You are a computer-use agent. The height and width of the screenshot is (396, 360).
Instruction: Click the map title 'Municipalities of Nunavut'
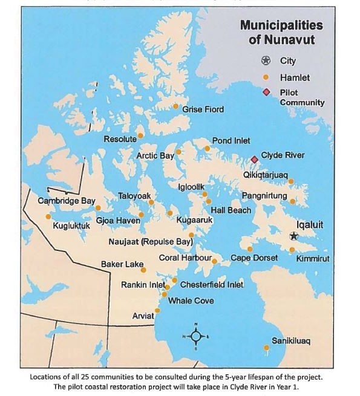click(x=281, y=33)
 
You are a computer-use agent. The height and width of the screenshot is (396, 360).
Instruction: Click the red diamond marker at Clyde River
click(x=254, y=160)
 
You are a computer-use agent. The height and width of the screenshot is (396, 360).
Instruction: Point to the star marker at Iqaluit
click(x=294, y=236)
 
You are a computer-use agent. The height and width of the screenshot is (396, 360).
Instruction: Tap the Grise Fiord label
click(x=203, y=109)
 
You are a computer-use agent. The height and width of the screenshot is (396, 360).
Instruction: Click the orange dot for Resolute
click(x=140, y=135)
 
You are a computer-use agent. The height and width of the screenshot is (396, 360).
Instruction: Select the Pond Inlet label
click(x=231, y=141)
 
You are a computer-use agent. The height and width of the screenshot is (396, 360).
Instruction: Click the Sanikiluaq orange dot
click(x=266, y=348)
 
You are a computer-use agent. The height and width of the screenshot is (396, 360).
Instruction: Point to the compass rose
click(x=195, y=337)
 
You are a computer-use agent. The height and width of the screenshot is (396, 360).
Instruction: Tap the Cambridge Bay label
click(x=67, y=201)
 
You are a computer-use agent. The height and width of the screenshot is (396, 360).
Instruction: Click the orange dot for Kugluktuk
click(x=48, y=216)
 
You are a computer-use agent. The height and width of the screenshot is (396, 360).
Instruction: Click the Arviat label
click(x=143, y=316)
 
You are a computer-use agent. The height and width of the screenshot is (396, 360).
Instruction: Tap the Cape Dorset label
click(x=254, y=258)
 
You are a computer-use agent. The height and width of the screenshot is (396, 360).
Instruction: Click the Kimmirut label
click(x=313, y=259)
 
